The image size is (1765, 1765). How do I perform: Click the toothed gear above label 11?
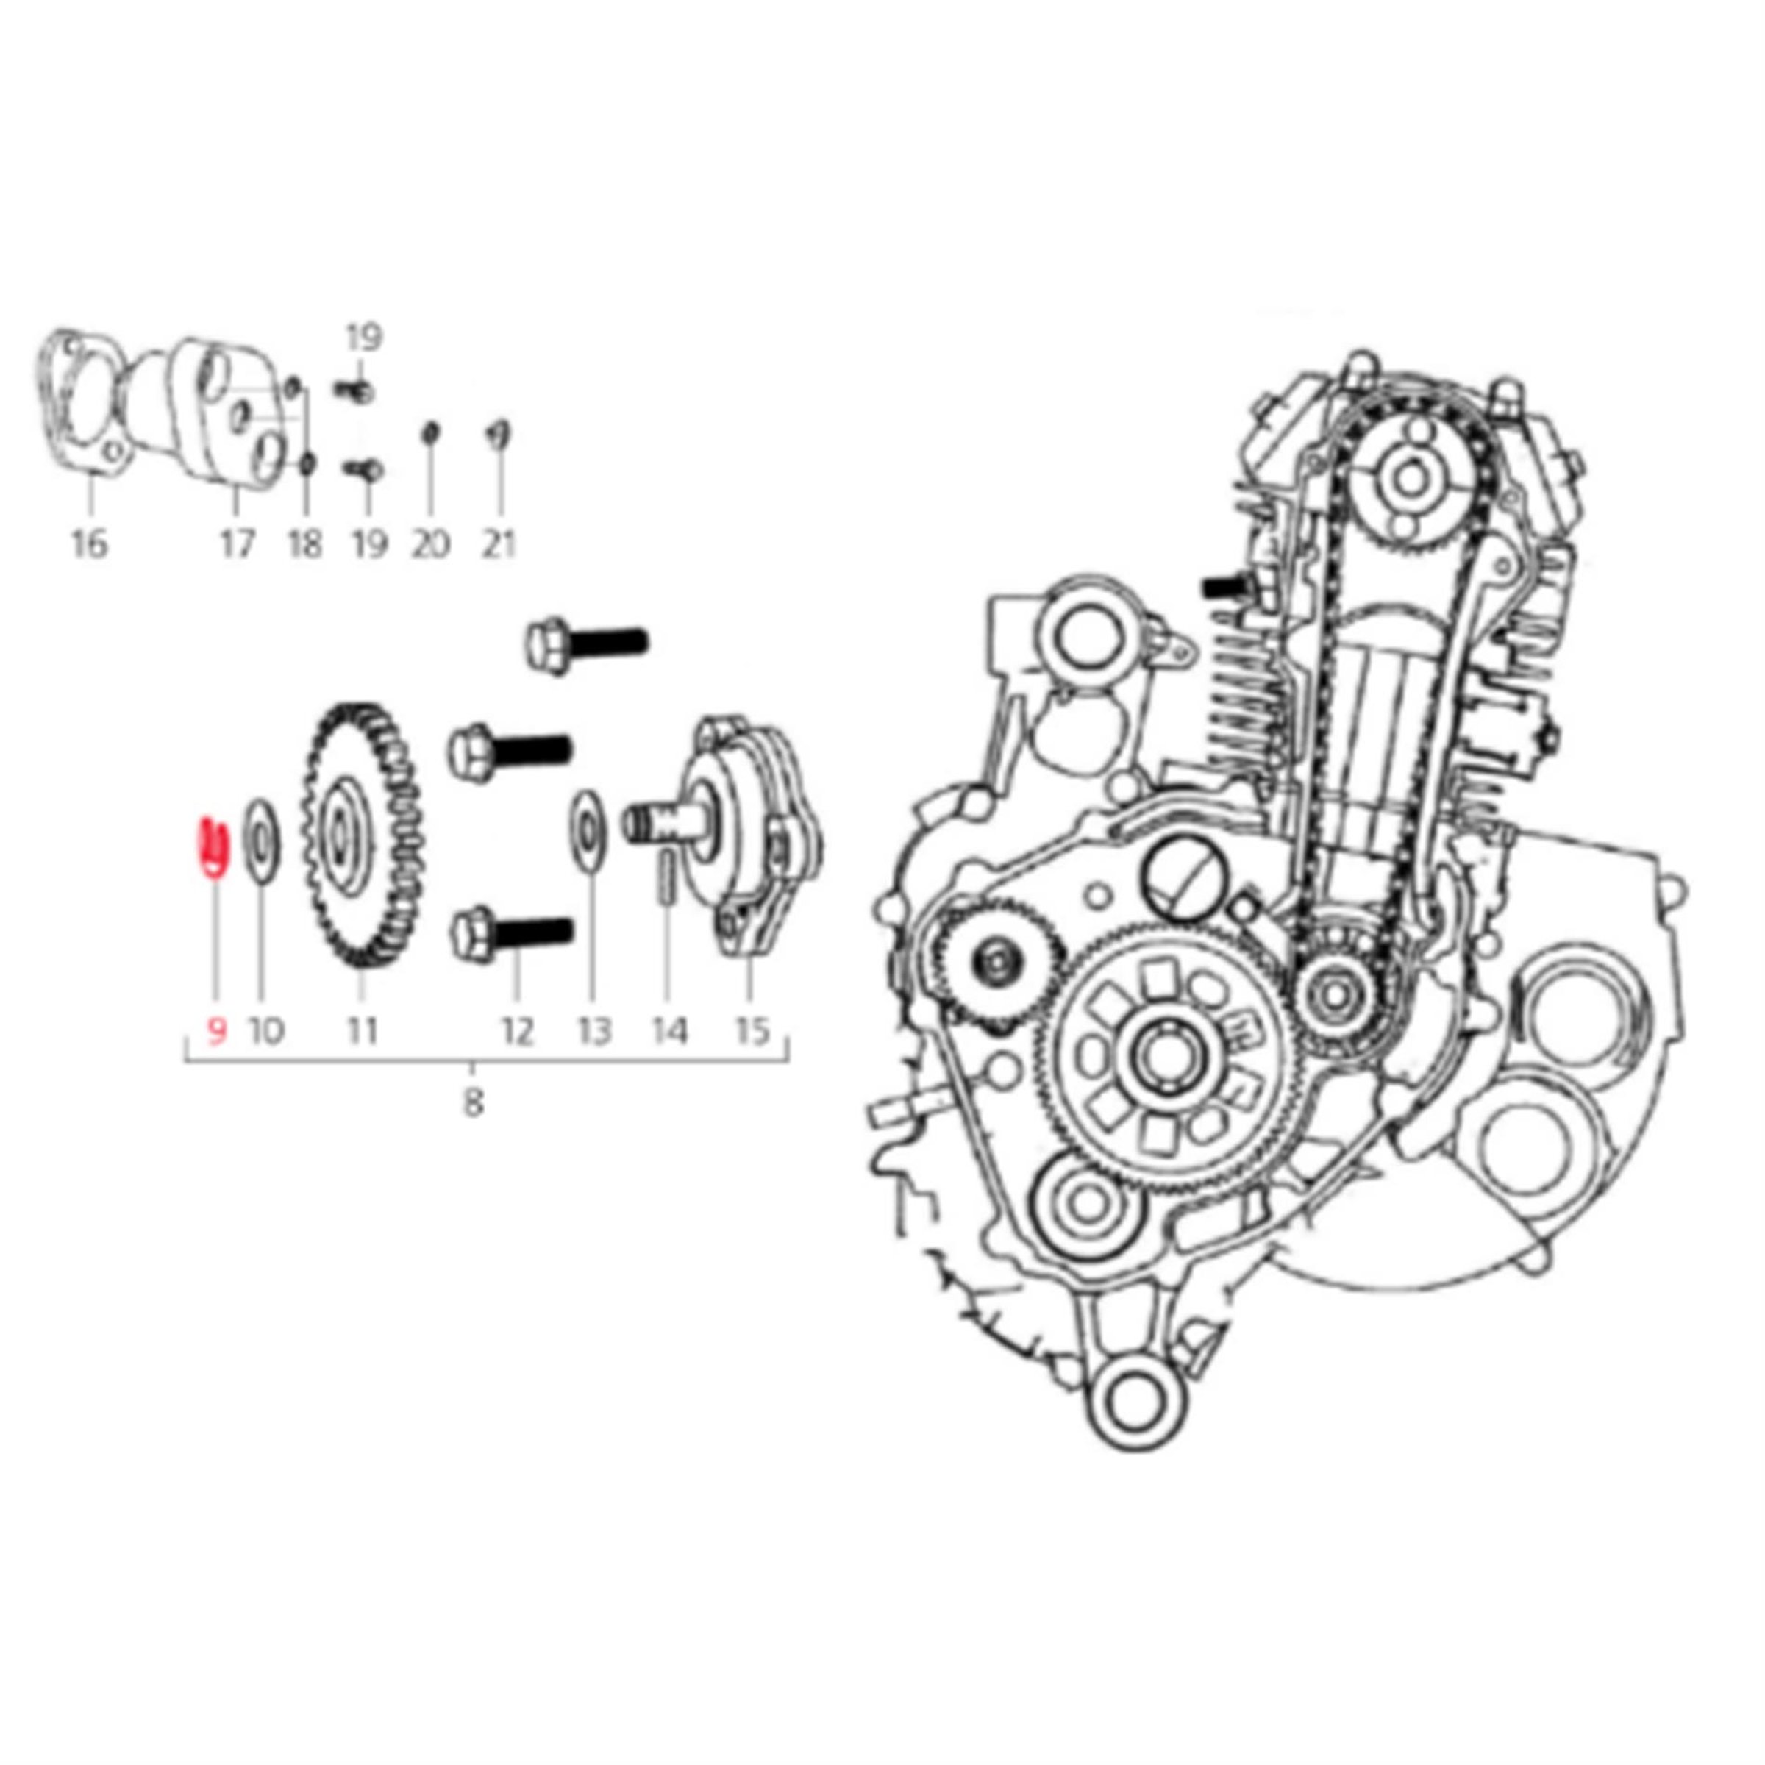click(x=363, y=837)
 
